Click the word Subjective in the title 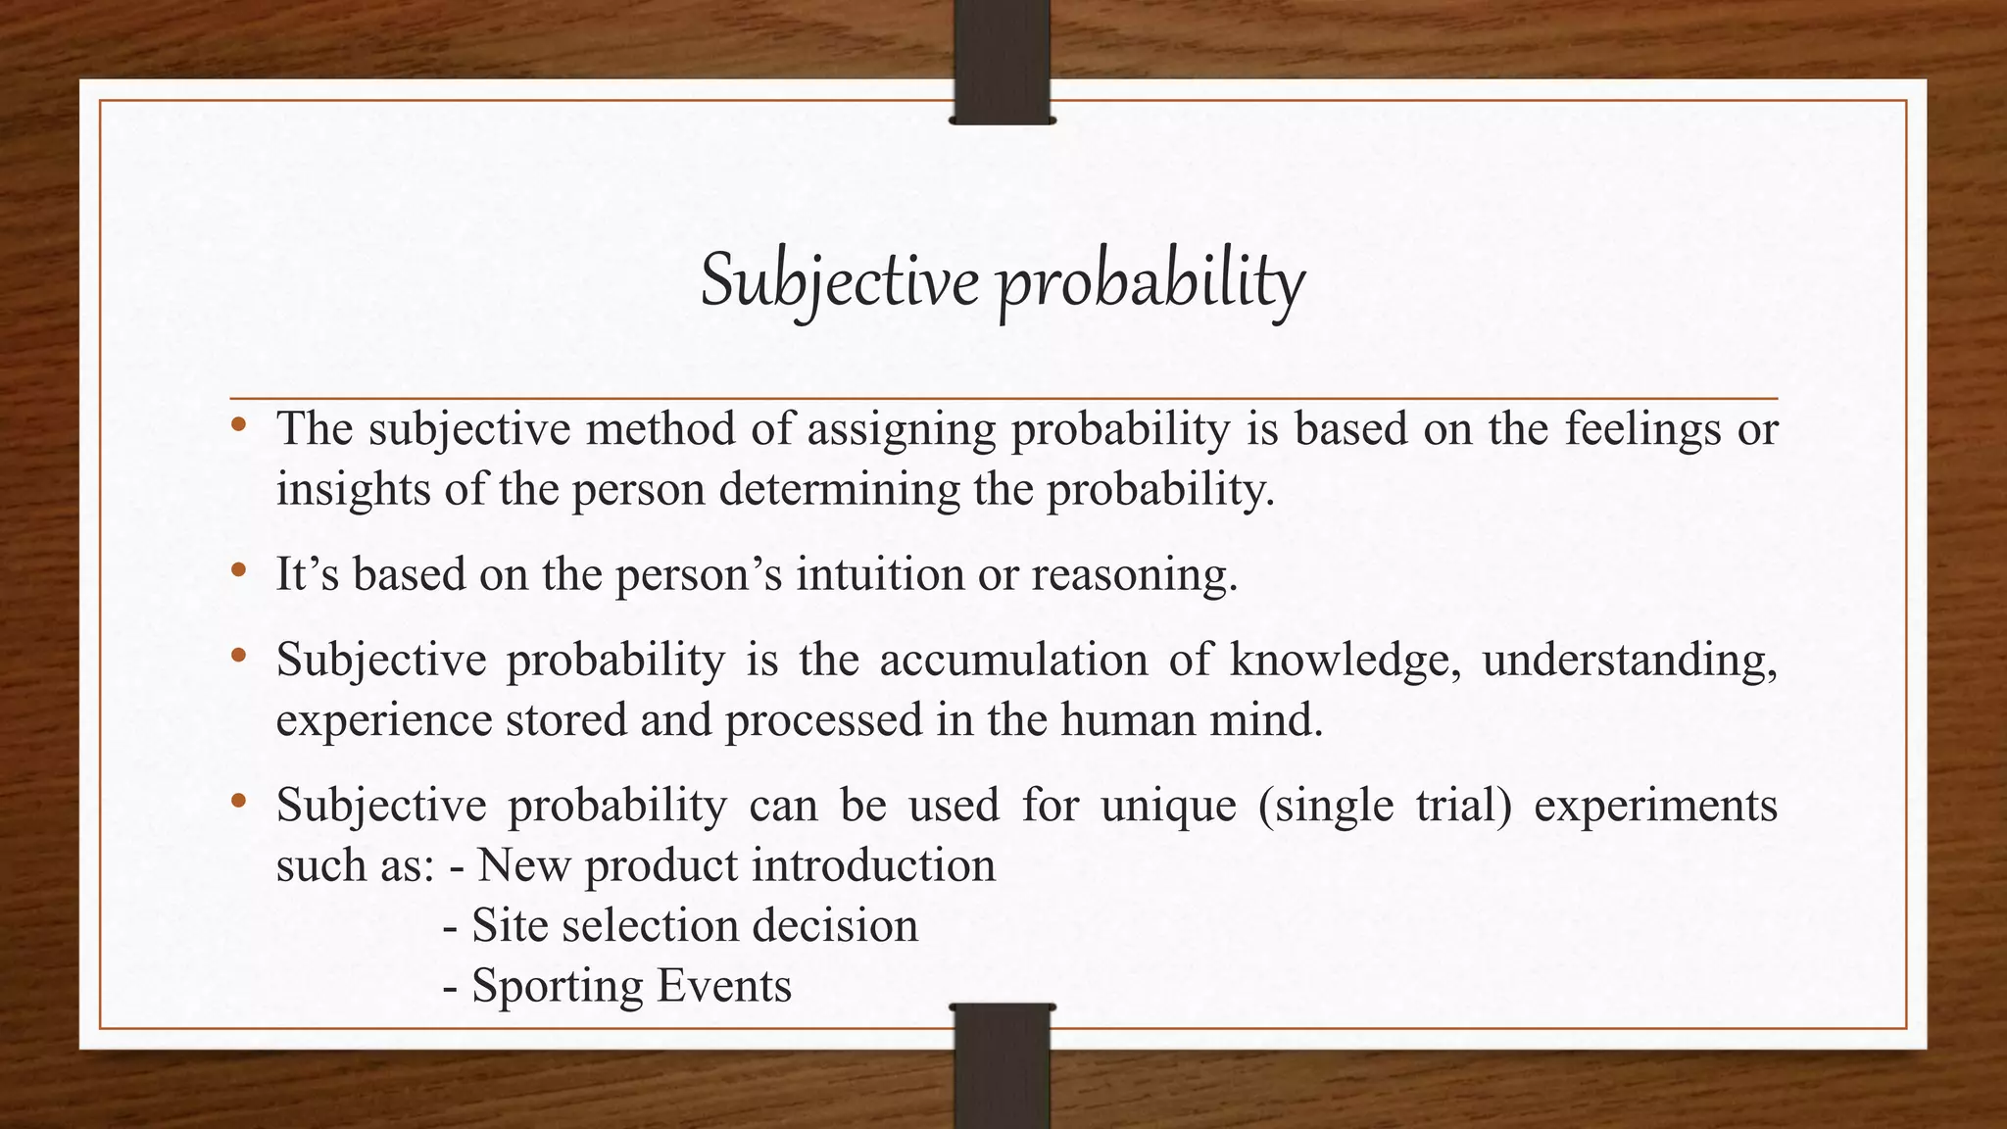[839, 282]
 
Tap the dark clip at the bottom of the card [1002, 1063]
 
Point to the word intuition [880, 574]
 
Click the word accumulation [1013, 660]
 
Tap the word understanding [1629, 661]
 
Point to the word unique [1168, 807]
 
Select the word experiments [1655, 807]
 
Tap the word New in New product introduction [523, 865]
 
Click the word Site [509, 925]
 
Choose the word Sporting [557, 986]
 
